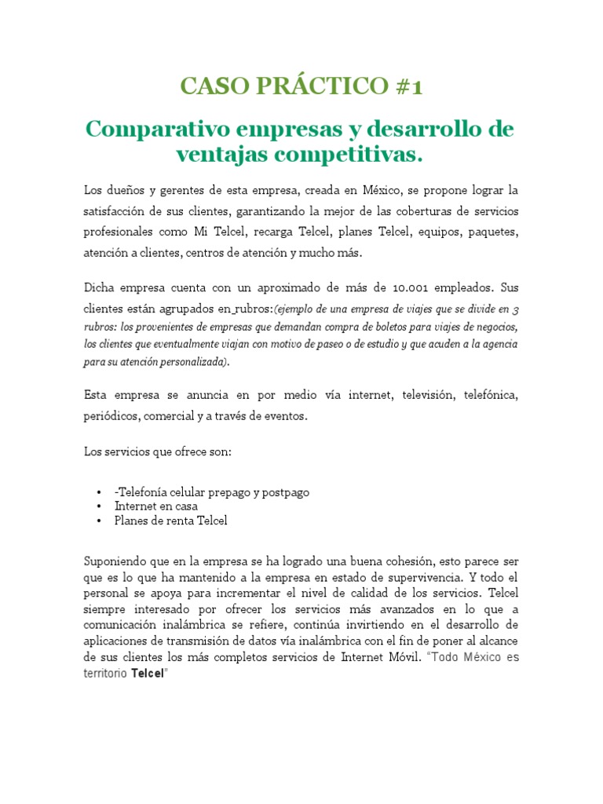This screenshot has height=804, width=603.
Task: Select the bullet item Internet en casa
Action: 156,506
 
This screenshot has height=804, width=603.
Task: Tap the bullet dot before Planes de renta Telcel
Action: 99,521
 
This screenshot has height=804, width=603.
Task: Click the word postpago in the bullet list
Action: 284,492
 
